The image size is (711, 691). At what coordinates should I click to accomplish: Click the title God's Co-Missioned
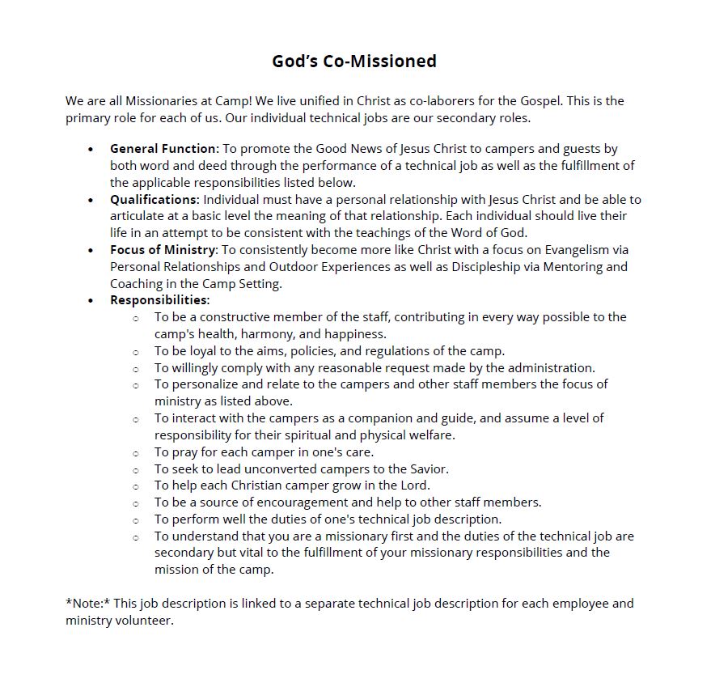pos(354,61)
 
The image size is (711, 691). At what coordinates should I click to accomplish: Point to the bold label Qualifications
pos(154,200)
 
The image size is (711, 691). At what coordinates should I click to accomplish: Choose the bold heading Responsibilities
pos(159,300)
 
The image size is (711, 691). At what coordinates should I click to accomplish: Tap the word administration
pos(544,368)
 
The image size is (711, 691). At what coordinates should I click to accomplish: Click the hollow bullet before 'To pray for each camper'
pos(136,453)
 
